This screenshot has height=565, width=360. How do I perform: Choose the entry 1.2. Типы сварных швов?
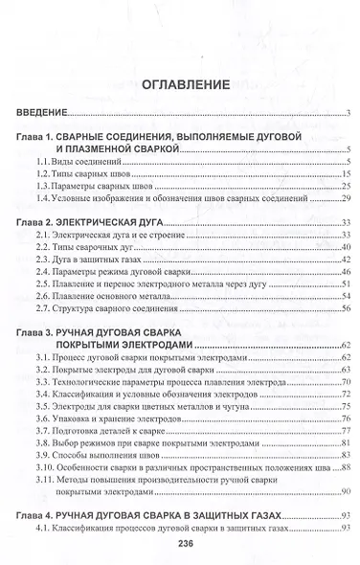86,177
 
